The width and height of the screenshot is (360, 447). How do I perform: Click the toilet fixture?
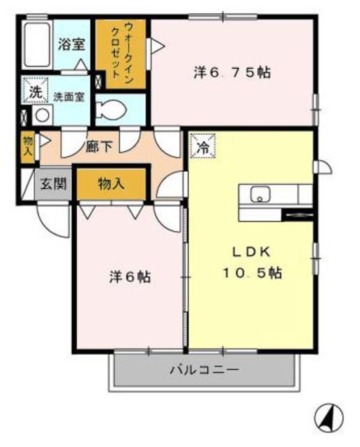112,109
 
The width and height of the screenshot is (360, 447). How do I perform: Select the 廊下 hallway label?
99,147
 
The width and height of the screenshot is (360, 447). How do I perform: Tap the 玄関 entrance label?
52,184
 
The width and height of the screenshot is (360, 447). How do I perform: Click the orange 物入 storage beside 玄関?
112,184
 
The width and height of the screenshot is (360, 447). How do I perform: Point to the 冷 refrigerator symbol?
202,147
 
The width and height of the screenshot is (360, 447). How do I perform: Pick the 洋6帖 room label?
130,277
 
